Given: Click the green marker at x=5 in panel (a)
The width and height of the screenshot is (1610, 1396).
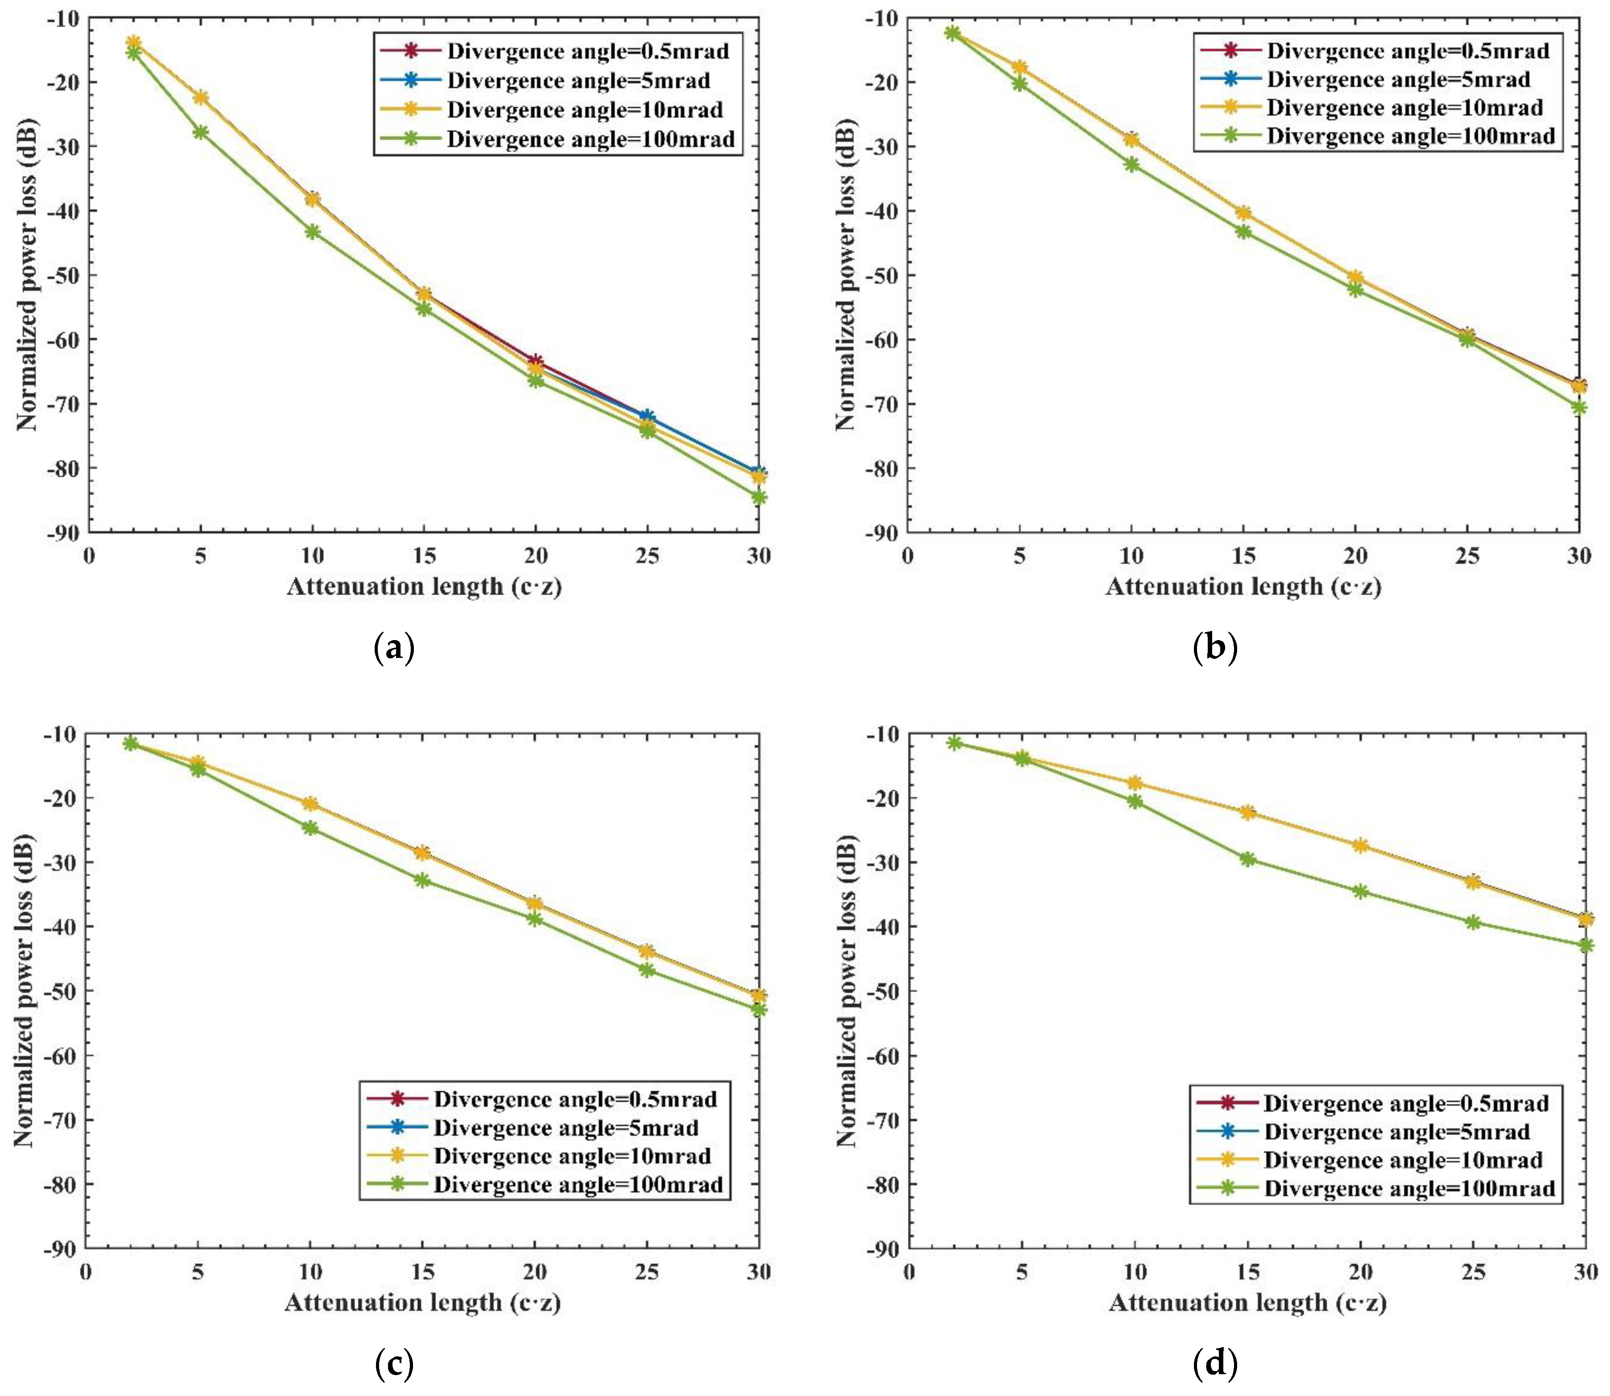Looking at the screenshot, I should [x=201, y=132].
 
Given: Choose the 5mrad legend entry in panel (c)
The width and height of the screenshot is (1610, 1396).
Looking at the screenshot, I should [x=565, y=1128].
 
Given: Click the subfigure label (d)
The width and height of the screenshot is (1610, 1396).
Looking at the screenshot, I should [x=1214, y=1364].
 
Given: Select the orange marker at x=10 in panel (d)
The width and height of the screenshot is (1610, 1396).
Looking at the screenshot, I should [x=1135, y=784].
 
